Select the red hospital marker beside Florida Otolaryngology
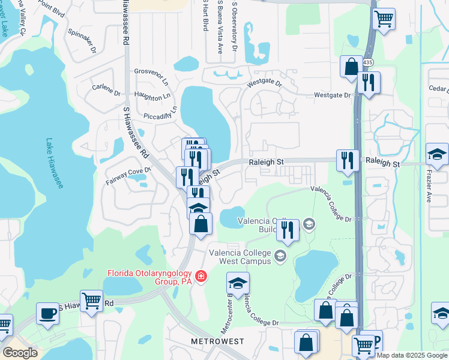202,277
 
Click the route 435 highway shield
367,62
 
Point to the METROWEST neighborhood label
218,341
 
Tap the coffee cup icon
48,313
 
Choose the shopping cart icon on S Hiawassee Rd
91,301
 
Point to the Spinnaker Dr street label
82,41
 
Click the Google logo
20,353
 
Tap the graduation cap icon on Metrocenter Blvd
238,283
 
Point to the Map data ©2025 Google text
411,355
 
